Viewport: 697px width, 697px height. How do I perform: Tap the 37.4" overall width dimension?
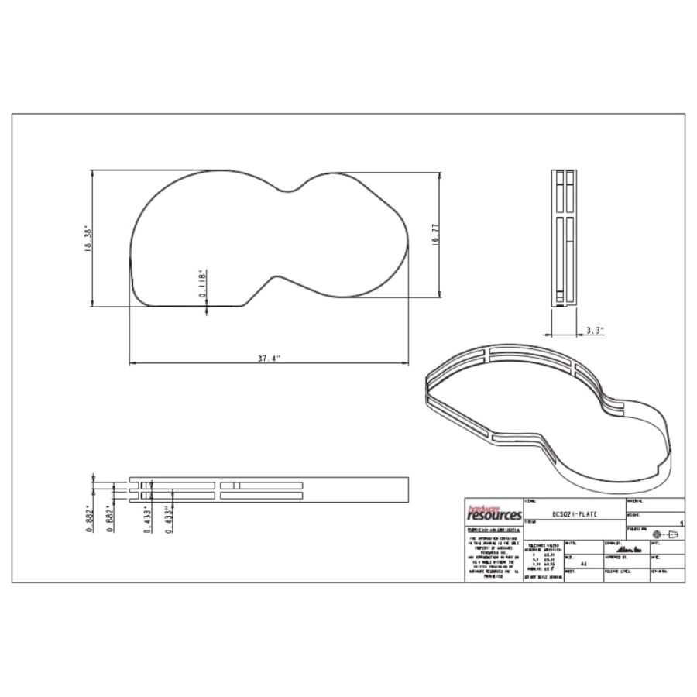coord(268,359)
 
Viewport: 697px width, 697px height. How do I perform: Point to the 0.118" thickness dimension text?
coord(201,284)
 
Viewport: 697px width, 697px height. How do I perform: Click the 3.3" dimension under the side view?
coord(594,330)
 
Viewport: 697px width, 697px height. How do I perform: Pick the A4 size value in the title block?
coord(583,565)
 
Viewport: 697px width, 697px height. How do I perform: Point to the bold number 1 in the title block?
coord(681,524)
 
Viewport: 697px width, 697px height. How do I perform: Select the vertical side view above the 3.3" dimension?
coord(564,239)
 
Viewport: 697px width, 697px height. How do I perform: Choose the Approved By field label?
coord(616,556)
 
